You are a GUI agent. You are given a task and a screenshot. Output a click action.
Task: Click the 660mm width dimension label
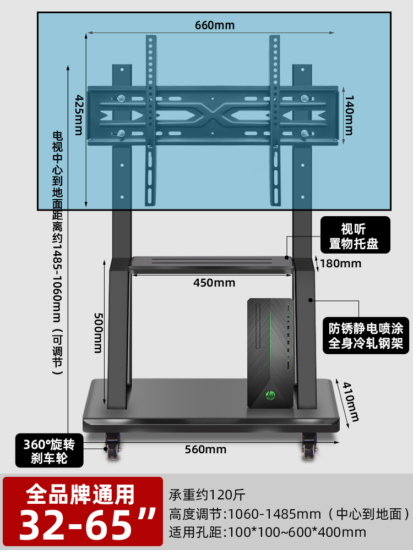coord(214,25)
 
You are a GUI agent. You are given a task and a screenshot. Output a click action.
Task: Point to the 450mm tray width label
coord(214,283)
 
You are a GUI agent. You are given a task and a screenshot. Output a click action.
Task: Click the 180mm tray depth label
coord(340,263)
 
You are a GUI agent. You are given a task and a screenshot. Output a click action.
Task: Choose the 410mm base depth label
coord(351,401)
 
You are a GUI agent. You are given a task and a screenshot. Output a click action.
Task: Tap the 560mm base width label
coord(205,449)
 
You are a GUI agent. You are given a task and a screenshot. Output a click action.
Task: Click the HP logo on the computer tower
coord(270,395)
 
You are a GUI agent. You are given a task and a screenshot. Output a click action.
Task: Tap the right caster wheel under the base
coord(309,446)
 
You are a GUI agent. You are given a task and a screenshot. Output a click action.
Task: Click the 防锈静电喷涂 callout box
coord(366,336)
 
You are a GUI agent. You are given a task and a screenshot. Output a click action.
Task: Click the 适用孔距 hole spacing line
coord(267,532)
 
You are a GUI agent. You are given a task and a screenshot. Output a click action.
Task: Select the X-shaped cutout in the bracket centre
coord(213,115)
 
